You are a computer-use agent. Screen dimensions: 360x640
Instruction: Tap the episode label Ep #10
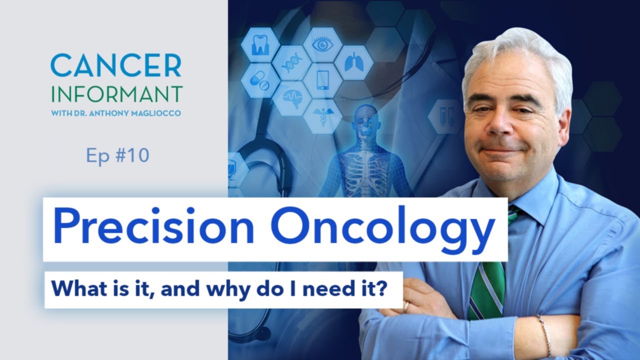point(117,156)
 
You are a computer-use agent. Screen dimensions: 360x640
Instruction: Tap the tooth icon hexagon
point(260,44)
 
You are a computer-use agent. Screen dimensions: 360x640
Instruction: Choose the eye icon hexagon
point(322,44)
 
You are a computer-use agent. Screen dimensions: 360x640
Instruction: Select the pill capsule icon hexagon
point(260,81)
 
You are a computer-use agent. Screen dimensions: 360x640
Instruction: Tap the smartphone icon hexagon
point(322,80)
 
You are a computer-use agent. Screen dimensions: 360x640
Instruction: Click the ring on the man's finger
point(405,306)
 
